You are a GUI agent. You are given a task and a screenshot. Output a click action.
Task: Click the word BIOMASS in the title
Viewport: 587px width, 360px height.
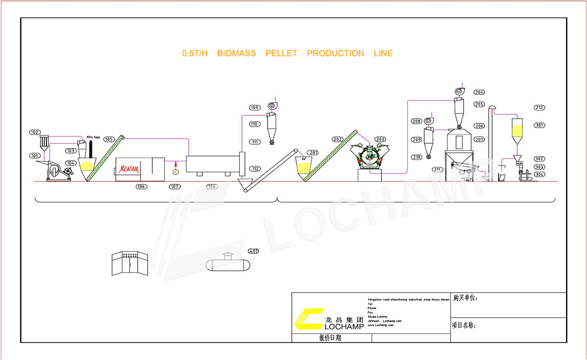pyautogui.click(x=236, y=54)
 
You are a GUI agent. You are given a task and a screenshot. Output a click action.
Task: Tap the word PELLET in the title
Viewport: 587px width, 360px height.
pyautogui.click(x=281, y=54)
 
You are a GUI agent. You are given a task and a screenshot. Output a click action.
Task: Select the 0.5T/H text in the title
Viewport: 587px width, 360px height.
pyautogui.click(x=195, y=54)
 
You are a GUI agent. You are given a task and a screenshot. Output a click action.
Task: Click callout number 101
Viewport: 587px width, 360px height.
pyautogui.click(x=35, y=156)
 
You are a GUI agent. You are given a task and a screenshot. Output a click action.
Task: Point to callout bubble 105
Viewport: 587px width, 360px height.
pyautogui.click(x=109, y=139)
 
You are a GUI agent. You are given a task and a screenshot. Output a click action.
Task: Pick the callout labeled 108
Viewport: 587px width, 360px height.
pyautogui.click(x=212, y=187)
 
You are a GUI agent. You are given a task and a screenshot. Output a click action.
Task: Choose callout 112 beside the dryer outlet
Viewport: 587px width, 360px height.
pyautogui.click(x=255, y=169)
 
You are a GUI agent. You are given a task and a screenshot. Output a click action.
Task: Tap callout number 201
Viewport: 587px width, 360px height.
pyautogui.click(x=313, y=152)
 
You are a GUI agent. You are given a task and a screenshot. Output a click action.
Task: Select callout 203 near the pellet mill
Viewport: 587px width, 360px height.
pyautogui.click(x=380, y=139)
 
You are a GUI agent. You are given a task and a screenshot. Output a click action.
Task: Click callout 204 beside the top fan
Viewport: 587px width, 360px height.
pyautogui.click(x=479, y=92)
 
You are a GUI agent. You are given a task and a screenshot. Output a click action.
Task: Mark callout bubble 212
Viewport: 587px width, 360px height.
pyautogui.click(x=539, y=108)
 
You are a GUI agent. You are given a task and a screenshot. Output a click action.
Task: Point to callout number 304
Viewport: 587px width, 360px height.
pyautogui.click(x=539, y=175)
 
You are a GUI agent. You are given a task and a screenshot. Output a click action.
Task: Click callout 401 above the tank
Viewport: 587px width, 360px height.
pyautogui.click(x=253, y=251)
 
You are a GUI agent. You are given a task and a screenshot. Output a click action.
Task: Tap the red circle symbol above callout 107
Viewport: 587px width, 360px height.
pyautogui.click(x=176, y=171)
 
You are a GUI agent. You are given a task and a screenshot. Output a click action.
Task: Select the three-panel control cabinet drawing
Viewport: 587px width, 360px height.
pyautogui.click(x=130, y=263)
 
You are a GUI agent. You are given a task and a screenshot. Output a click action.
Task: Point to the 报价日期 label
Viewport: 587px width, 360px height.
pyautogui.click(x=330, y=338)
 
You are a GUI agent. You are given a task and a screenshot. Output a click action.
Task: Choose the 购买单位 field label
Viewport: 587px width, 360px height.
pyautogui.click(x=465, y=298)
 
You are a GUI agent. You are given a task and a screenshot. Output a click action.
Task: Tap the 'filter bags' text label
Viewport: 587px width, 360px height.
pyautogui.click(x=93, y=137)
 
